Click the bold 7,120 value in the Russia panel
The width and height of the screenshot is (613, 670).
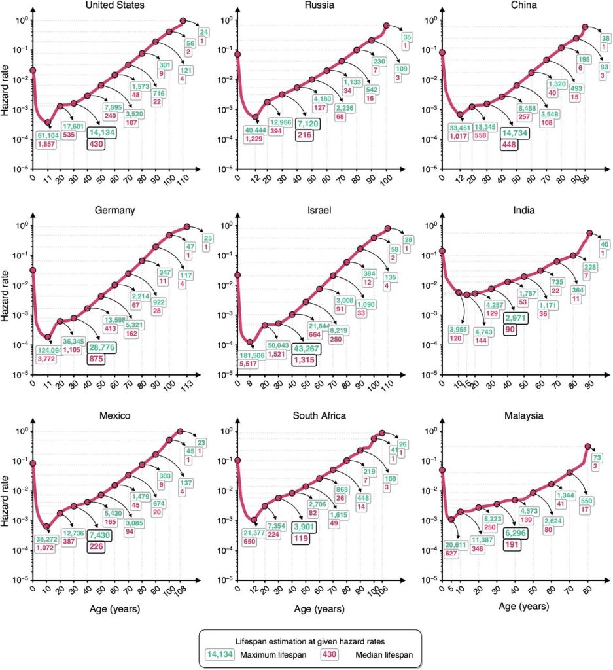click(x=307, y=123)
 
